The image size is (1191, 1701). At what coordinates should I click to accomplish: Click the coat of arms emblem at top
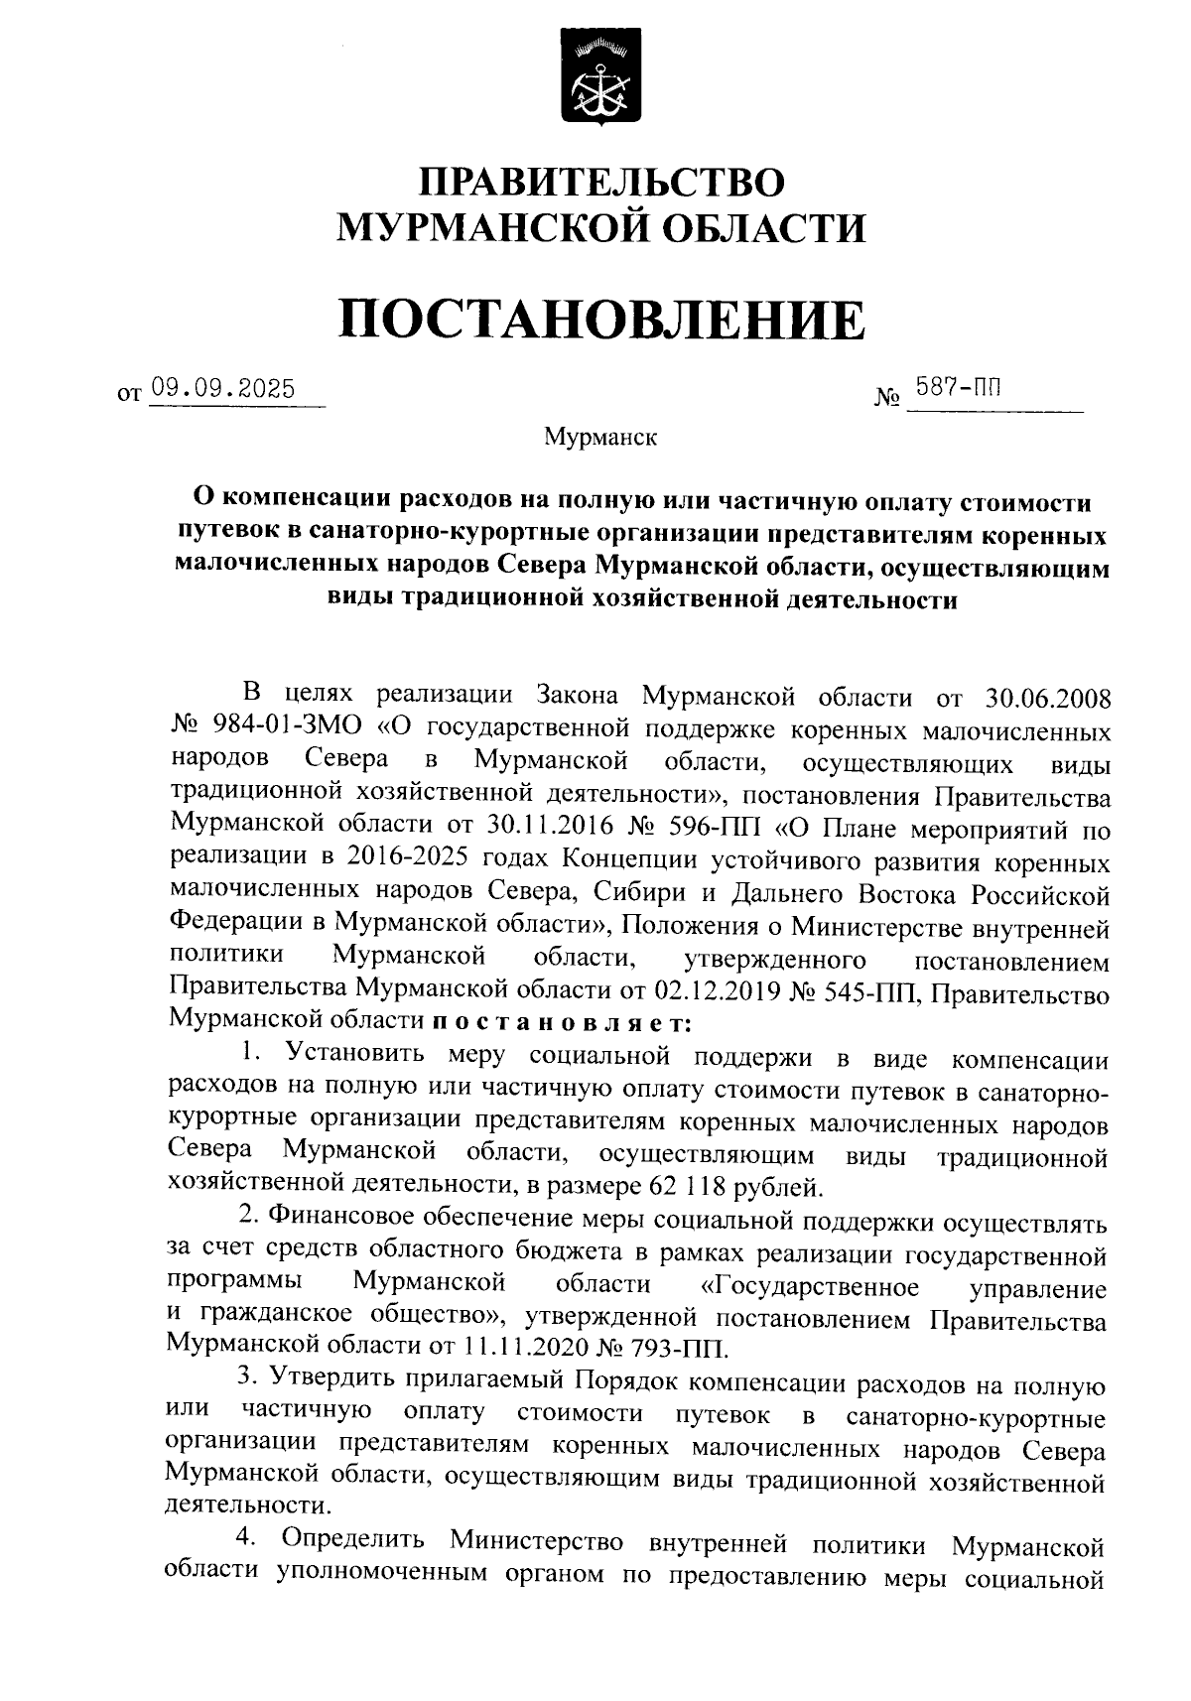click(601, 77)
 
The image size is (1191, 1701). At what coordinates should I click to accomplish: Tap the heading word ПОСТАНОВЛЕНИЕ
click(601, 318)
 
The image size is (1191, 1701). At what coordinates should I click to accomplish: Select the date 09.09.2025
click(222, 389)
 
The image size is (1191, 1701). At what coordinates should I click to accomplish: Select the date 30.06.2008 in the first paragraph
click(1049, 695)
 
